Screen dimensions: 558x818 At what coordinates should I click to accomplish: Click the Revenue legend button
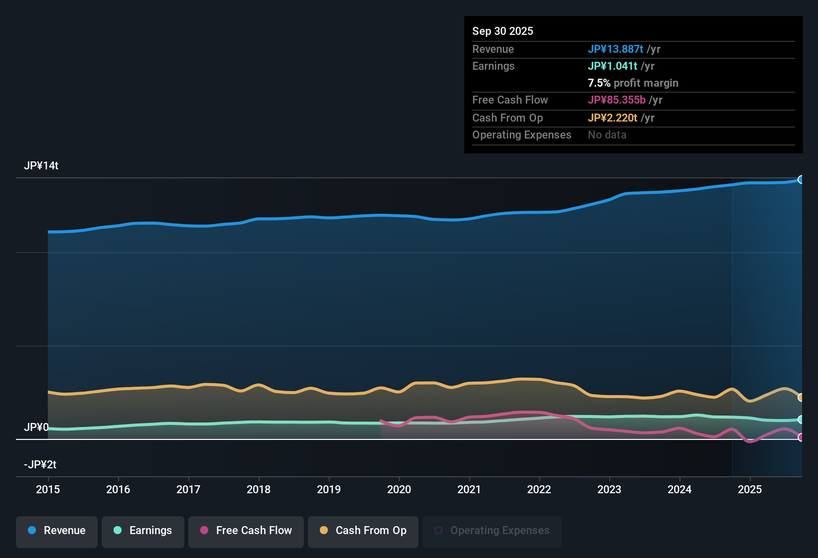click(x=57, y=531)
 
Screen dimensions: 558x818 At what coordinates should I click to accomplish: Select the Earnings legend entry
click(x=143, y=531)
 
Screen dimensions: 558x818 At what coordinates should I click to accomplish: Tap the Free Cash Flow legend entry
click(x=246, y=531)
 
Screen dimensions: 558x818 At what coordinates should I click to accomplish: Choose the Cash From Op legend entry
click(x=363, y=531)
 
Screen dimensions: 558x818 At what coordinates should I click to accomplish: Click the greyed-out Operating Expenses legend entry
click(x=492, y=531)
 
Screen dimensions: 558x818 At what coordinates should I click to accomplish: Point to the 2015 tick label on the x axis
click(x=48, y=489)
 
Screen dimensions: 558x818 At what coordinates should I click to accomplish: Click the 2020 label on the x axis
click(x=399, y=489)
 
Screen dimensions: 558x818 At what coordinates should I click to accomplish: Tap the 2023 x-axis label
click(x=609, y=489)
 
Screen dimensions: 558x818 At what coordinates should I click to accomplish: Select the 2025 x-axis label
click(x=750, y=489)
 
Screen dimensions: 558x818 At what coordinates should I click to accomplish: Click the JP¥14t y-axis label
click(x=41, y=166)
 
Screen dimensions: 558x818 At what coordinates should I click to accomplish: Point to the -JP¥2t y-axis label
click(x=40, y=465)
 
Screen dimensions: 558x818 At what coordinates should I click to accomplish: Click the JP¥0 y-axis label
click(x=36, y=427)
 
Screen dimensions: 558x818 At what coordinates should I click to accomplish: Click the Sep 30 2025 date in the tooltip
click(x=503, y=31)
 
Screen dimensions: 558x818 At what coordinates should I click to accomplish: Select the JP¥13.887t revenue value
click(x=616, y=49)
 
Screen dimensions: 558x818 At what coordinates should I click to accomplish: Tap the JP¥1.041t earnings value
click(x=613, y=66)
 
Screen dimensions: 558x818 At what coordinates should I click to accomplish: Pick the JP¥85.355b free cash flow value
click(x=617, y=100)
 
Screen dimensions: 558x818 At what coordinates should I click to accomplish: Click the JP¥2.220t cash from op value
click(x=613, y=118)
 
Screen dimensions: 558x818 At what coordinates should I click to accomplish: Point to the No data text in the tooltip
click(x=607, y=135)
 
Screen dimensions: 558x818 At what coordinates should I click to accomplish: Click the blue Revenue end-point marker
click(x=801, y=179)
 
